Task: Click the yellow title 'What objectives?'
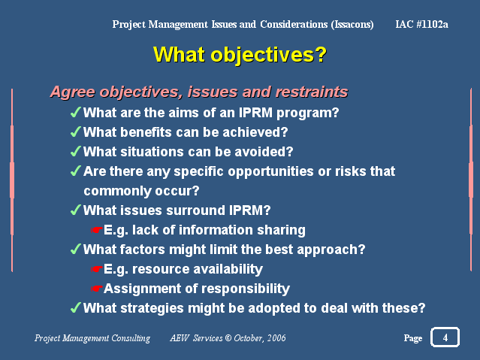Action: coord(240,55)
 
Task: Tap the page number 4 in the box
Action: coord(445,337)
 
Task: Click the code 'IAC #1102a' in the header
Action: coord(421,24)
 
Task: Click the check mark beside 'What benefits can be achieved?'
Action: coord(76,132)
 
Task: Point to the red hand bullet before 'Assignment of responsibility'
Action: coord(97,289)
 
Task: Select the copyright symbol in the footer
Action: coord(228,338)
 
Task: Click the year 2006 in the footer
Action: coord(276,338)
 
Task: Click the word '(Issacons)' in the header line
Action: coord(352,25)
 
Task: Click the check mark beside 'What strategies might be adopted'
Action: coord(76,307)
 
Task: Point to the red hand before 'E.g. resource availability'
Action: coord(97,269)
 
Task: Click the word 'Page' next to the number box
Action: coord(413,338)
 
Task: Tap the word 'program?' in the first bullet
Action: coord(308,113)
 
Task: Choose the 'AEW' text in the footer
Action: coord(180,338)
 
